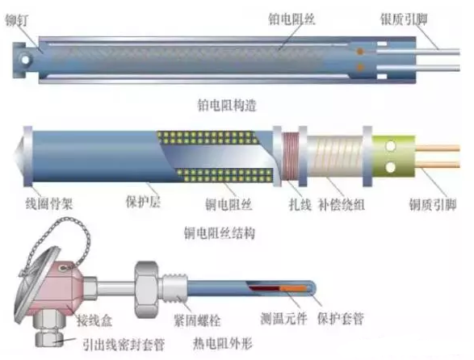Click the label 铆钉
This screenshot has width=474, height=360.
pyautogui.click(x=17, y=20)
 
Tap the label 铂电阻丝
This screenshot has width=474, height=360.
pyautogui.click(x=292, y=19)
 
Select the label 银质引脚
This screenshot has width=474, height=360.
pyautogui.click(x=404, y=19)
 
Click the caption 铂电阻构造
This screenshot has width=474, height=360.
pyautogui.click(x=227, y=105)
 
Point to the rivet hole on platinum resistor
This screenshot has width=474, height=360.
pyautogui.click(x=25, y=60)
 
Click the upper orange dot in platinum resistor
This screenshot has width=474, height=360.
pyautogui.click(x=359, y=52)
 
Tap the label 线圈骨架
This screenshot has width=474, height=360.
pyautogui.click(x=49, y=203)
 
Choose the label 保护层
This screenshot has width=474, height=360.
pyautogui.click(x=143, y=202)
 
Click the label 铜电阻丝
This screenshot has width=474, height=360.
pyautogui.click(x=229, y=204)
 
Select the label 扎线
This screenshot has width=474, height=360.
pyautogui.click(x=300, y=204)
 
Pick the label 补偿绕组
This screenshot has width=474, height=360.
pyautogui.click(x=342, y=205)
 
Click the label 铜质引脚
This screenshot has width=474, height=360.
pyautogui.click(x=433, y=204)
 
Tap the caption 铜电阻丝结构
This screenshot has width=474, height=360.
pyautogui.click(x=220, y=233)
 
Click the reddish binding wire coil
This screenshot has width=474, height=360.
pyautogui.click(x=290, y=157)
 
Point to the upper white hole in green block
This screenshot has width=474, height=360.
pyautogui.click(x=391, y=147)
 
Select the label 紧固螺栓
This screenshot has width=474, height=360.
pyautogui.click(x=197, y=320)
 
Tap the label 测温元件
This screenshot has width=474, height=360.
pyautogui.click(x=283, y=318)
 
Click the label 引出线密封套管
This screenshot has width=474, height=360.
pyautogui.click(x=124, y=345)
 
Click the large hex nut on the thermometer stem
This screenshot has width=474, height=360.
pyautogui.click(x=146, y=289)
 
